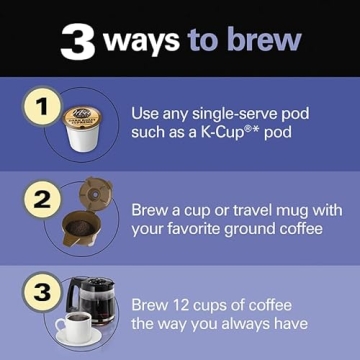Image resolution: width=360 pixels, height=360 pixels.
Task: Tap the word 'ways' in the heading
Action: coord(140,41)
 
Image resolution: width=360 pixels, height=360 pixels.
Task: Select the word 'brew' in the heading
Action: coord(264,41)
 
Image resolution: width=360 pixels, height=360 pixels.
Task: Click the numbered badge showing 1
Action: coord(40,107)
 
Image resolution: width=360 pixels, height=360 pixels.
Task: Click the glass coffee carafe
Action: coord(94,301)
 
